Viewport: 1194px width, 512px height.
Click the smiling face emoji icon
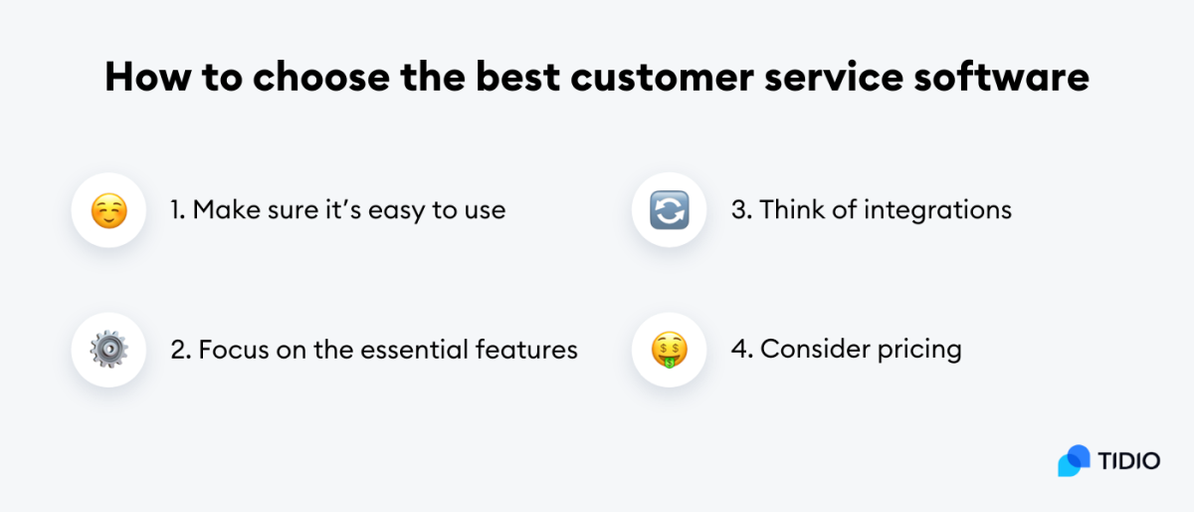click(x=108, y=211)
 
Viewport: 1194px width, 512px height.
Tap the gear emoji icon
click(x=108, y=350)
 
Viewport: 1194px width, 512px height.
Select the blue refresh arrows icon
click(x=669, y=211)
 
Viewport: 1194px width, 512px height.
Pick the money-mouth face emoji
click(x=669, y=350)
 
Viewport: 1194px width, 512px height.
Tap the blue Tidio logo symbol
click(x=1075, y=460)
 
